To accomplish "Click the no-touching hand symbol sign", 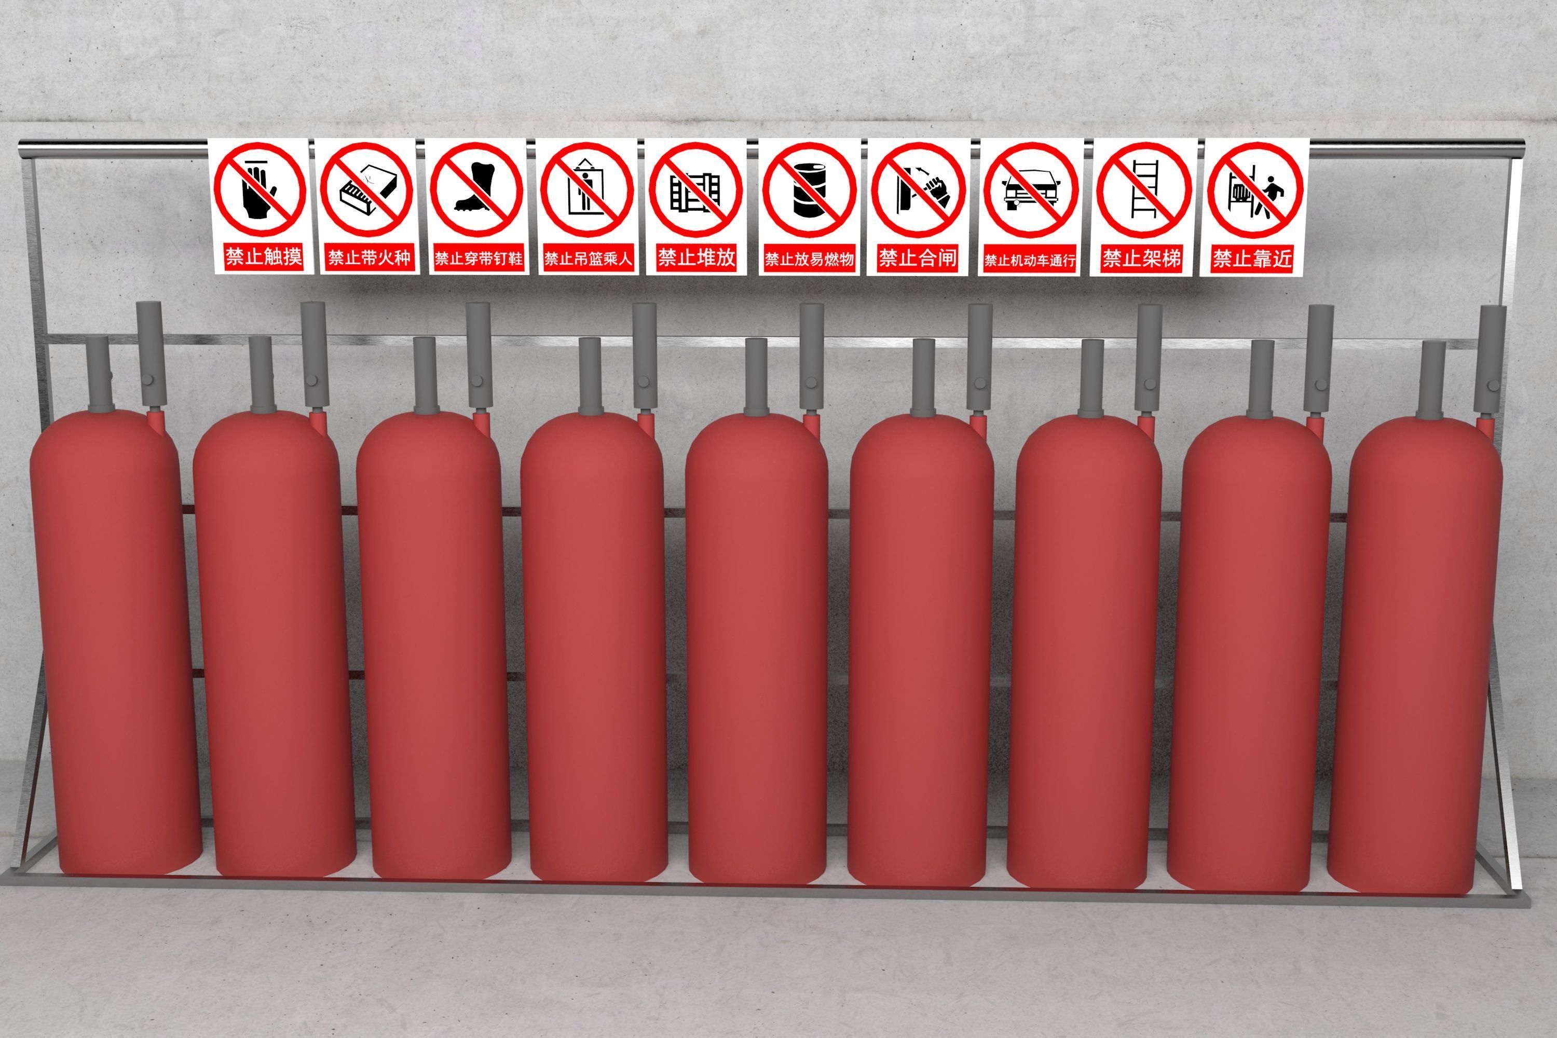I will click(x=259, y=190).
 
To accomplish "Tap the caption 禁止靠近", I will click(x=1252, y=258).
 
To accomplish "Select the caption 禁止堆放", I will click(x=696, y=257).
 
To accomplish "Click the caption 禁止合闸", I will click(x=918, y=257).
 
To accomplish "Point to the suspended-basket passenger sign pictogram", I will click(x=586, y=190).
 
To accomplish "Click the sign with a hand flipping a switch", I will click(x=918, y=190).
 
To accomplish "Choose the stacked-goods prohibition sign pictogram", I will click(x=695, y=190).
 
